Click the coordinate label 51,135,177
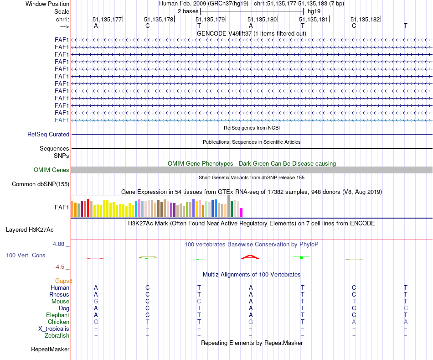click(107, 19)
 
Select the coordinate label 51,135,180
click(262, 19)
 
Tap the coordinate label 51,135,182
click(365, 19)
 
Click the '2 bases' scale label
click(187, 11)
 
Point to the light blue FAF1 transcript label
click(62, 120)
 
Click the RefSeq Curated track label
click(48, 135)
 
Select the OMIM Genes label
click(52, 170)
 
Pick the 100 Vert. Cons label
click(26, 255)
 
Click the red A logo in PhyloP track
click(250, 257)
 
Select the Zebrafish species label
click(57, 336)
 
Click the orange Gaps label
click(64, 281)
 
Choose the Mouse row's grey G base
click(96, 301)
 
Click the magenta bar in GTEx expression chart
click(242, 212)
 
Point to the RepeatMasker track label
click(50, 350)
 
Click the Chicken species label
click(58, 322)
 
